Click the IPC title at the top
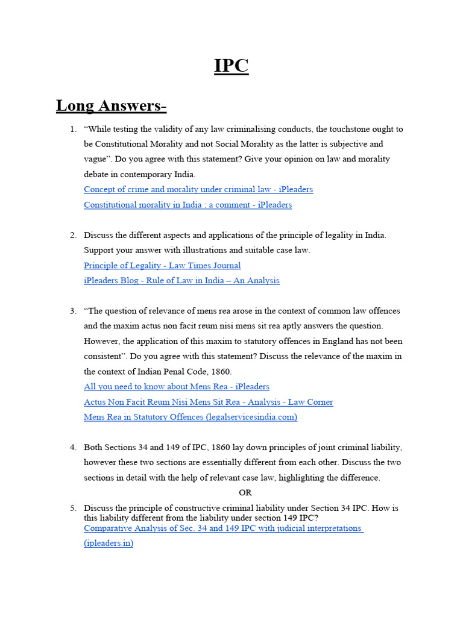(x=231, y=65)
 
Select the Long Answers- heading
(x=111, y=105)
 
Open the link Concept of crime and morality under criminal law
(x=198, y=189)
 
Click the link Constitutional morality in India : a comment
(x=187, y=205)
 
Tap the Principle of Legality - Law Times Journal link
(x=162, y=265)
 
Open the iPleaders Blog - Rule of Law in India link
(x=181, y=280)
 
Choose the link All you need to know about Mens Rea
(x=177, y=386)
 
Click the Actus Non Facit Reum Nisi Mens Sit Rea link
(x=208, y=402)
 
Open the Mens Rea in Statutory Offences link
(x=191, y=417)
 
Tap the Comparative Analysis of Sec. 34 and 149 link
(x=222, y=528)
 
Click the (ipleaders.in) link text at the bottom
(x=109, y=543)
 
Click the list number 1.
(x=72, y=129)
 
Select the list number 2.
(x=72, y=235)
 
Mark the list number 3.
(x=72, y=311)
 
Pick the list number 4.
(x=72, y=447)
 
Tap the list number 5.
(x=72, y=508)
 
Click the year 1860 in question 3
(x=220, y=371)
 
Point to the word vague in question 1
(x=95, y=159)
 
